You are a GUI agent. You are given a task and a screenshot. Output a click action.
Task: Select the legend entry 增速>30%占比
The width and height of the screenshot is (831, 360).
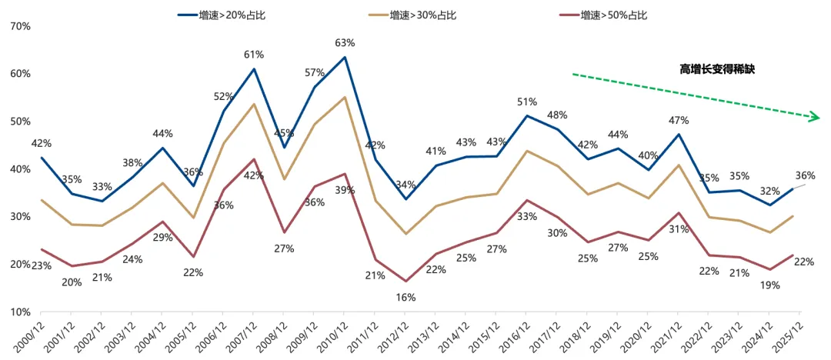coord(423,15)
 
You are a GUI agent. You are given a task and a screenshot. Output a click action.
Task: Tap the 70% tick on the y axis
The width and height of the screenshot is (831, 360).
coord(20,26)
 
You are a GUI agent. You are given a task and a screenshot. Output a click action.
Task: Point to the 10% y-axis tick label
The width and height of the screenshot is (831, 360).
coord(20,312)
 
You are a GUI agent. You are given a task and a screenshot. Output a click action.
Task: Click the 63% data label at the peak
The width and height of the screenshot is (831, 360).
coord(344,43)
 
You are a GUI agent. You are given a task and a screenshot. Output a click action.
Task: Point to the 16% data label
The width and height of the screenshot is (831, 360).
coord(405,297)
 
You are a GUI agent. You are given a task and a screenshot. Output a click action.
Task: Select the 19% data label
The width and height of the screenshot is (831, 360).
coord(770,285)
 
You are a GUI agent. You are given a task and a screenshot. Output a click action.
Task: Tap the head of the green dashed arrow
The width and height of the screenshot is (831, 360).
coord(816,118)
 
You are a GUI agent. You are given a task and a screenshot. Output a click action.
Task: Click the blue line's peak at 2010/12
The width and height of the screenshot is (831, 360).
coord(344,57)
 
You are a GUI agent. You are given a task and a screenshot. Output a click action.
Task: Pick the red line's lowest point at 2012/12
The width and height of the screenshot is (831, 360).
coord(405,282)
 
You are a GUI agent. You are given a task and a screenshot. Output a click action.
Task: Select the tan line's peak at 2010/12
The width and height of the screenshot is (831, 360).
coord(344,97)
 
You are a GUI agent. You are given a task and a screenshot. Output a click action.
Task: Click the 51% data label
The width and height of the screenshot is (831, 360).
coord(527,102)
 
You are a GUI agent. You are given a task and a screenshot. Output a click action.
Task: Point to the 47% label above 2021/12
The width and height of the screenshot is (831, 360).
coord(678,120)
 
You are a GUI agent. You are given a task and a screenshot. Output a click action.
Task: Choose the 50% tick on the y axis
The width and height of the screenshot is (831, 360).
coord(20,122)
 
